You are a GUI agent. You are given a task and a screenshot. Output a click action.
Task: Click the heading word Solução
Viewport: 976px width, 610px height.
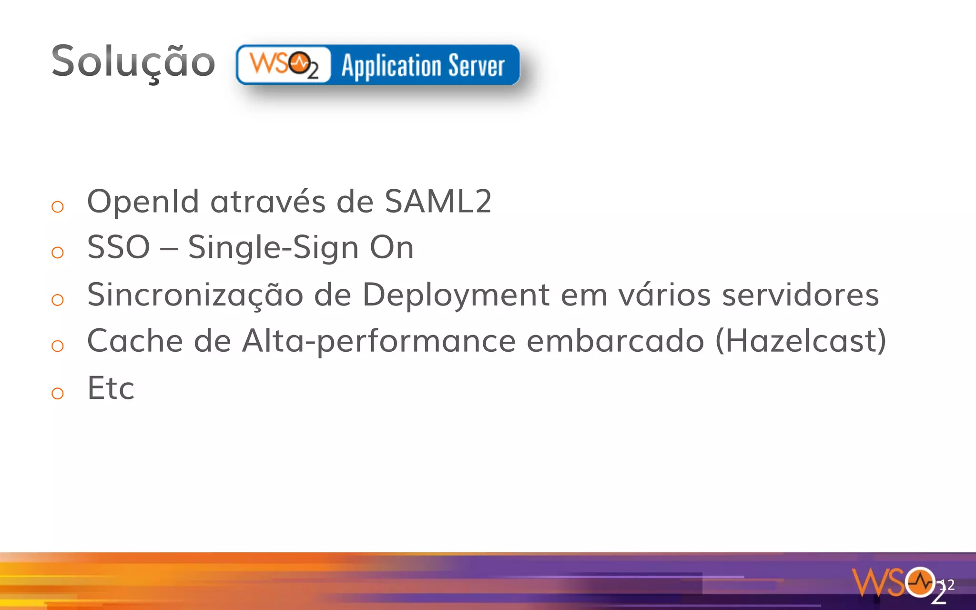tap(133, 62)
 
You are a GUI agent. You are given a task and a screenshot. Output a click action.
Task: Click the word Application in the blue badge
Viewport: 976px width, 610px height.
tap(391, 66)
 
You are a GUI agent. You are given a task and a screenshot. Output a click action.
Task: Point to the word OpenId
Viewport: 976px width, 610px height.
tap(142, 201)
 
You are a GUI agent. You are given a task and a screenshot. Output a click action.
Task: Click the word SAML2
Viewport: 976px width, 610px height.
tap(437, 201)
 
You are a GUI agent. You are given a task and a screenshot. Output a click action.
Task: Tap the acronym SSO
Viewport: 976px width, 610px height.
tap(119, 247)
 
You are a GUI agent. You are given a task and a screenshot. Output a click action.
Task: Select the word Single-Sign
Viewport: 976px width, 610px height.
tap(273, 248)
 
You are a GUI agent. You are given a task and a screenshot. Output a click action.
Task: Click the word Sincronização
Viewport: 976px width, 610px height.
tap(195, 295)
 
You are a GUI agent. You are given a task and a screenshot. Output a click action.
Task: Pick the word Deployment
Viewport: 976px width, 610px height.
tap(456, 295)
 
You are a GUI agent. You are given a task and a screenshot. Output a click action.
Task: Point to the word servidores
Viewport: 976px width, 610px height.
tap(800, 295)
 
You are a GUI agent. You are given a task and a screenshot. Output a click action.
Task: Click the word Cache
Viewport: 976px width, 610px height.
tap(135, 341)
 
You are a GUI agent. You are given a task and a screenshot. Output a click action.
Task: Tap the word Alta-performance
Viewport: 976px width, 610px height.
tap(379, 342)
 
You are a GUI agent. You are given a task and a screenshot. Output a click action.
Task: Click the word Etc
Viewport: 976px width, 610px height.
tap(111, 388)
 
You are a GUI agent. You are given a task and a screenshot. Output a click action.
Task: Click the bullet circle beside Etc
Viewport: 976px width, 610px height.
tap(58, 393)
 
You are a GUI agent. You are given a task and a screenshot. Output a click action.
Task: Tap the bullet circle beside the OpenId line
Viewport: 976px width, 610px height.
tap(58, 206)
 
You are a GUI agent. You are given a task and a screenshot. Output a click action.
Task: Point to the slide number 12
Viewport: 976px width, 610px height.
tap(947, 585)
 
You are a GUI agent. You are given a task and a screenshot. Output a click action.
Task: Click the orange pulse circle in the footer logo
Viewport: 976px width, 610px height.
tap(920, 582)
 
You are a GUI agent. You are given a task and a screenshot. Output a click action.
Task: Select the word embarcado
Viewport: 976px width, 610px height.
tap(615, 341)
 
